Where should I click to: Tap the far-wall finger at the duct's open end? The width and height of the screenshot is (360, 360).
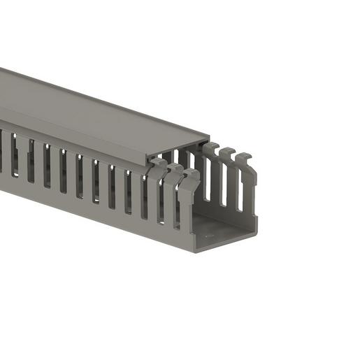click(x=247, y=185)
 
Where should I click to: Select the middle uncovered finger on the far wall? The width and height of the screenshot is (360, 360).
click(x=228, y=178)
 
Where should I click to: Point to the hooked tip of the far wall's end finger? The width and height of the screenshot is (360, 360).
click(x=245, y=157)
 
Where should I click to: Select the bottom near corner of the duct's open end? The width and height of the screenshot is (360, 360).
click(x=196, y=250)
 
